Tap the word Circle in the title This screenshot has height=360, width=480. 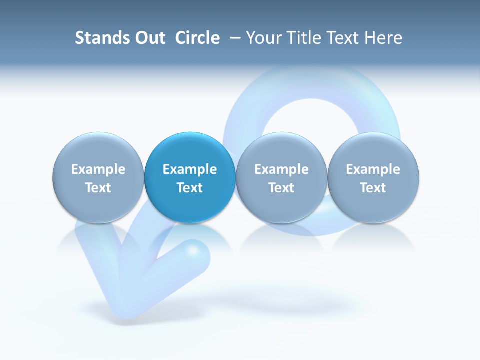click(x=197, y=38)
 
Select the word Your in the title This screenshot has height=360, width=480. click(x=263, y=38)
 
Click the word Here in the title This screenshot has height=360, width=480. click(x=383, y=38)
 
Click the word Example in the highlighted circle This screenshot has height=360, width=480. click(x=190, y=169)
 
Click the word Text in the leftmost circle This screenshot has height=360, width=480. click(x=98, y=188)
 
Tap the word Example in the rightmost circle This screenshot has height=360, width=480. click(x=373, y=169)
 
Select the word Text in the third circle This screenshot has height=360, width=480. click(x=281, y=188)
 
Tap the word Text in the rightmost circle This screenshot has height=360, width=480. click(x=373, y=188)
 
